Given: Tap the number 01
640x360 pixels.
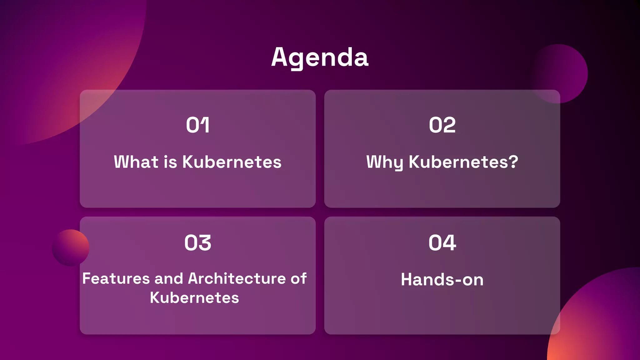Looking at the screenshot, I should pyautogui.click(x=197, y=125).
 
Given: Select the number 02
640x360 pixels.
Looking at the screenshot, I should pyautogui.click(x=442, y=125).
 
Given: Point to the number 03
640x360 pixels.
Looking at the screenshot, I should pyautogui.click(x=197, y=243).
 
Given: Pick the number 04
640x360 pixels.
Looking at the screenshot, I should pyautogui.click(x=442, y=243).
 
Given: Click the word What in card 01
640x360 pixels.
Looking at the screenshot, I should pyautogui.click(x=136, y=162).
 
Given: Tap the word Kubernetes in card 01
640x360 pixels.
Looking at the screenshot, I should pyautogui.click(x=232, y=162).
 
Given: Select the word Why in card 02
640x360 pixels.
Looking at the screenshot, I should pyautogui.click(x=384, y=162).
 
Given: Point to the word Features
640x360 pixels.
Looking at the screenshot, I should pyautogui.click(x=116, y=278).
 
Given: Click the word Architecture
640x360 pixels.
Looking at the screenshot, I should pyautogui.click(x=237, y=278).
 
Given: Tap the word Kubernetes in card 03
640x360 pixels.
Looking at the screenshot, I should pyautogui.click(x=194, y=297).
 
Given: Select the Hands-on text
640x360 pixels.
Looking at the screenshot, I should pyautogui.click(x=442, y=279).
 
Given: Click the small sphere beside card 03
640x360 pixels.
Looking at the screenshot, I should pyautogui.click(x=71, y=248).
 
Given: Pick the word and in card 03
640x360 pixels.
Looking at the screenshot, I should pyautogui.click(x=169, y=278).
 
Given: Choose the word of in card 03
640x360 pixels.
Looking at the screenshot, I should pyautogui.click(x=298, y=278).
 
